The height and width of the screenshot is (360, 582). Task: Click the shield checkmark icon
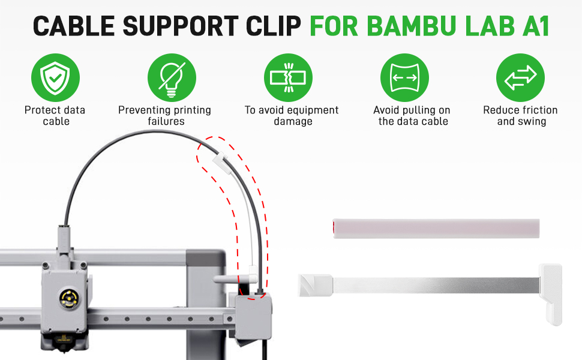55,77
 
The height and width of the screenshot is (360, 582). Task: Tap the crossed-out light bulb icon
172,77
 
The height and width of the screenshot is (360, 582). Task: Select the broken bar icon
288,77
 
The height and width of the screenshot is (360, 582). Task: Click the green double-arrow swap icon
520,77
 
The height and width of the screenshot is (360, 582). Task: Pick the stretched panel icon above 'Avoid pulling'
404,77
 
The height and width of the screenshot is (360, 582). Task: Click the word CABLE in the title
74,26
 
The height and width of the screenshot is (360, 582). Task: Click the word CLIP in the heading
273,26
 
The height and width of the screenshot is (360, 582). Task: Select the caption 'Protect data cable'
55,115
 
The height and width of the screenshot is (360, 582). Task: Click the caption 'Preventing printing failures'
165,115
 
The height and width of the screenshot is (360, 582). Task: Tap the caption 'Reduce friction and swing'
520,115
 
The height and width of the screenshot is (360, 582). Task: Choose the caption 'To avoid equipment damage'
292,115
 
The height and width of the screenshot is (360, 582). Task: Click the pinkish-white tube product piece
436,228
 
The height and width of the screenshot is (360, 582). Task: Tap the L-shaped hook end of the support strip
551,294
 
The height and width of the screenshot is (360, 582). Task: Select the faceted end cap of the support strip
316,285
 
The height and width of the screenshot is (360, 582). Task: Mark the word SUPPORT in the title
181,26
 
